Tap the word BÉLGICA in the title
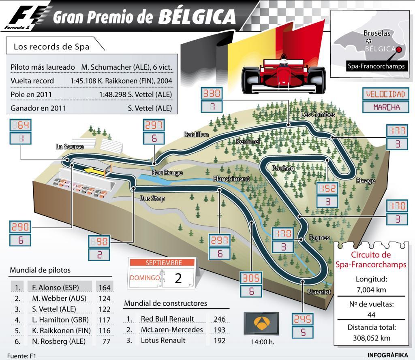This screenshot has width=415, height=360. pyautogui.click(x=197, y=17)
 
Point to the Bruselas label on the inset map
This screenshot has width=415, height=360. pyautogui.click(x=376, y=33)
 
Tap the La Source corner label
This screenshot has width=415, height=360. pyautogui.click(x=70, y=147)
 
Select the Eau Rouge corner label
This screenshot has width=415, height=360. pyautogui.click(x=167, y=173)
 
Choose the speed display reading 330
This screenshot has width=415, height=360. pyautogui.click(x=212, y=94)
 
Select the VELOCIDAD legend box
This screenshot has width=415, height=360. pyautogui.click(x=385, y=94)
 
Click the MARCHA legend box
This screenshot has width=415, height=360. pyautogui.click(x=385, y=107)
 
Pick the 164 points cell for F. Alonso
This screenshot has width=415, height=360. pyautogui.click(x=104, y=288)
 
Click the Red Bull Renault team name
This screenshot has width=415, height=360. pyautogui.click(x=167, y=319)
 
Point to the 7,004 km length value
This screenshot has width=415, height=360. pyautogui.click(x=372, y=290)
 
